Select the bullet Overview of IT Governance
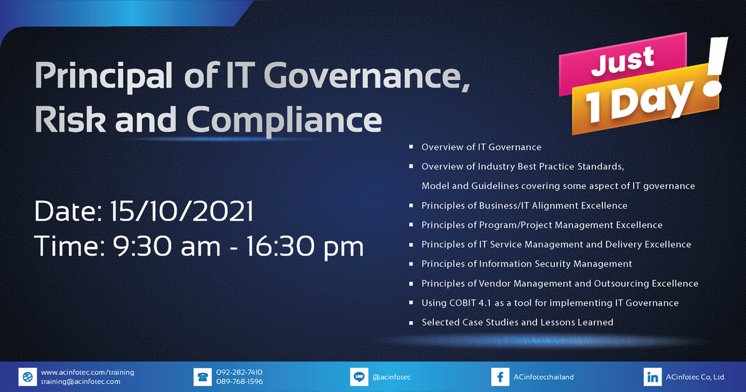[x=481, y=147]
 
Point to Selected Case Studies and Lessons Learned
[x=517, y=322]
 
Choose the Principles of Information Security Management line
[x=527, y=264]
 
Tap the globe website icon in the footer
[x=27, y=376]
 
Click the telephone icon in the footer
[x=203, y=376]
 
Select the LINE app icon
[x=359, y=376]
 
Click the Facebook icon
[x=499, y=376]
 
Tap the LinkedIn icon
[x=652, y=376]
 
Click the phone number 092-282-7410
[x=239, y=372]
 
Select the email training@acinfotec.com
[x=81, y=381]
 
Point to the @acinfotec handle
[x=395, y=377]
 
